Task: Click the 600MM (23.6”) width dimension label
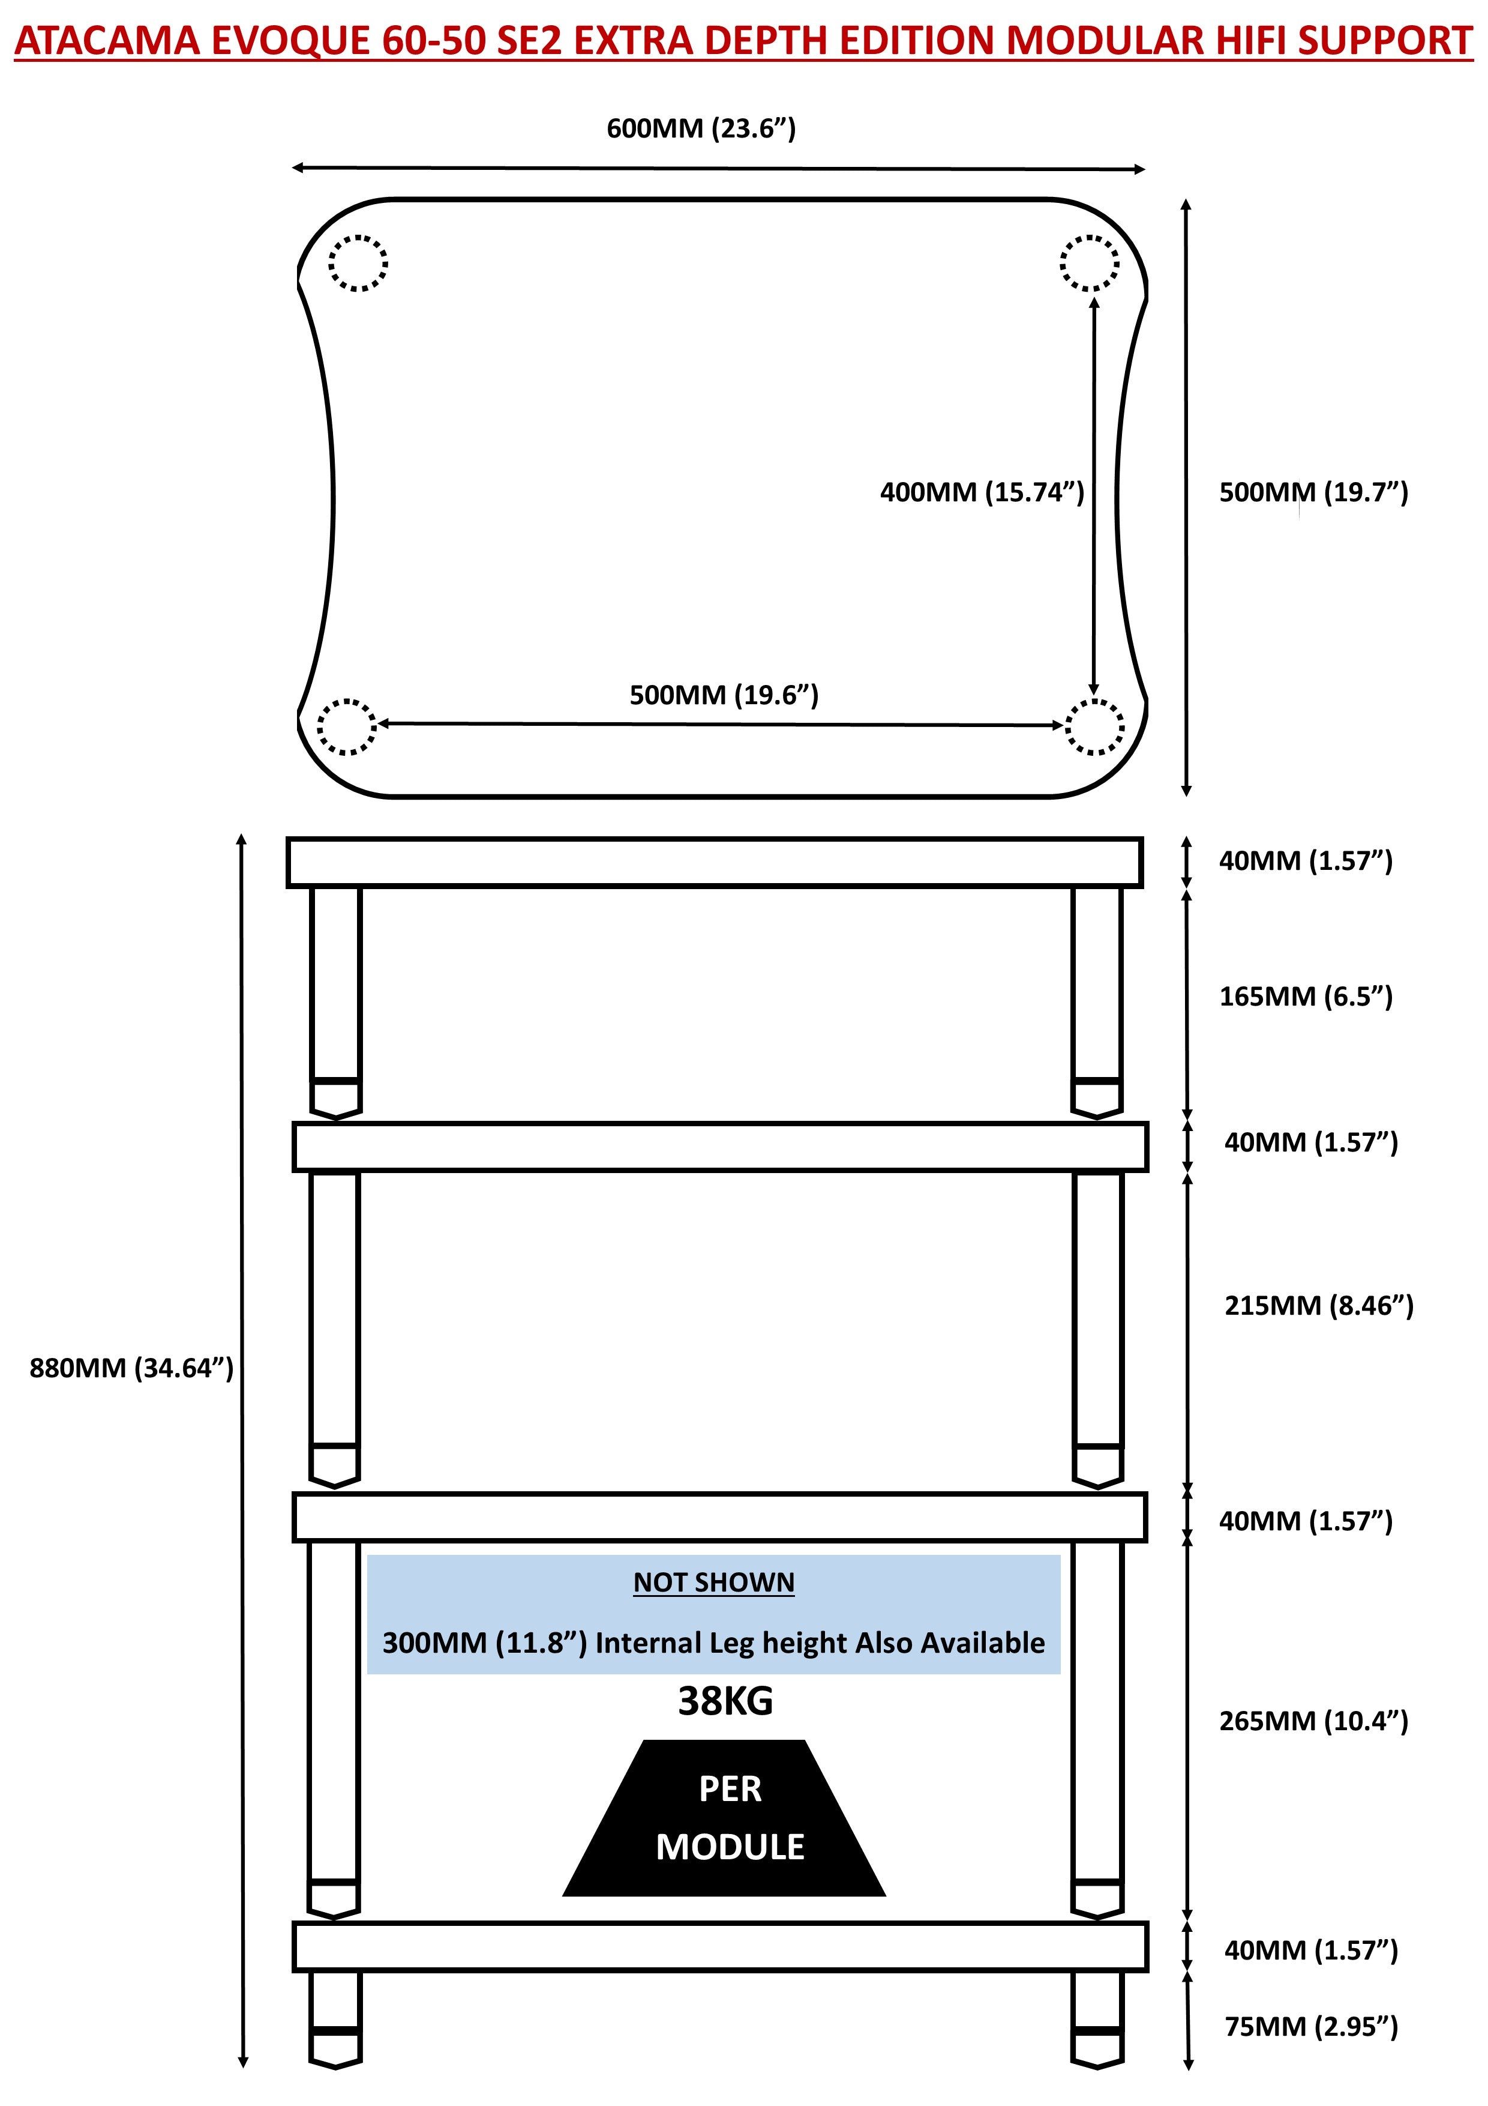tap(700, 128)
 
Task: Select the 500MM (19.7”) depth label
tap(1313, 492)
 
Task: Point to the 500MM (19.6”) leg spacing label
tap(724, 695)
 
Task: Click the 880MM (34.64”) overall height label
tap(131, 1369)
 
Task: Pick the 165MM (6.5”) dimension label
tap(1306, 996)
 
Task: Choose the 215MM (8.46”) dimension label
tap(1318, 1305)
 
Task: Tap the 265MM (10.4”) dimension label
tap(1313, 1721)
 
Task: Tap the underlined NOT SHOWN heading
tap(713, 1583)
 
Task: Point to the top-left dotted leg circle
tap(358, 262)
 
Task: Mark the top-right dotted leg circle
tap(1089, 262)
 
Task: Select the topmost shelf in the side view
tap(714, 862)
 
